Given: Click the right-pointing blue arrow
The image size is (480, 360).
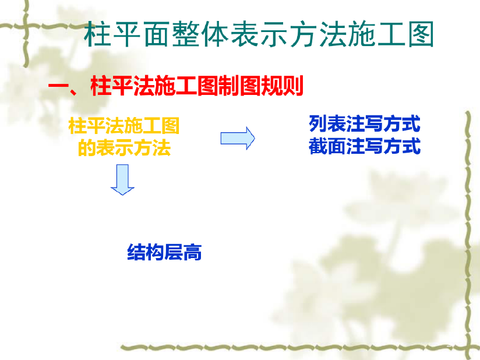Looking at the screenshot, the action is tap(238, 139).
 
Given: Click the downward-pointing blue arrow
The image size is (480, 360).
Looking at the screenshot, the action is tap(122, 179).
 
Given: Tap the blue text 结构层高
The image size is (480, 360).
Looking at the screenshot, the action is tap(164, 252).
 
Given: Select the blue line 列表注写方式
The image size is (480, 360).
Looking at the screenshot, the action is tap(364, 123).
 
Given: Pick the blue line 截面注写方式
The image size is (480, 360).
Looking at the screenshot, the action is tap(364, 146).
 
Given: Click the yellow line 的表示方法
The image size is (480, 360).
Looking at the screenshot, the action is tap(124, 147).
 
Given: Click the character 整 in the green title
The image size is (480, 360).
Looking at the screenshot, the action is tap(185, 34).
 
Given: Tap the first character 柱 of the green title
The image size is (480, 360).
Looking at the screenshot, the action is tap(97, 34).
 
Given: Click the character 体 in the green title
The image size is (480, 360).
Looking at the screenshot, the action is tap(215, 34).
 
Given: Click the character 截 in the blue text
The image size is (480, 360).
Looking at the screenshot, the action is tap(317, 146).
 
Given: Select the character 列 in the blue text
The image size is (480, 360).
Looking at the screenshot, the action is tap(317, 123).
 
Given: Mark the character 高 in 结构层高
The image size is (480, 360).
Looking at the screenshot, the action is tap(193, 252).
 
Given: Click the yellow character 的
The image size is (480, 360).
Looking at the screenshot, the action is tap(87, 147).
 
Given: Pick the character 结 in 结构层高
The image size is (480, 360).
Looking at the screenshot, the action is tap(136, 252).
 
